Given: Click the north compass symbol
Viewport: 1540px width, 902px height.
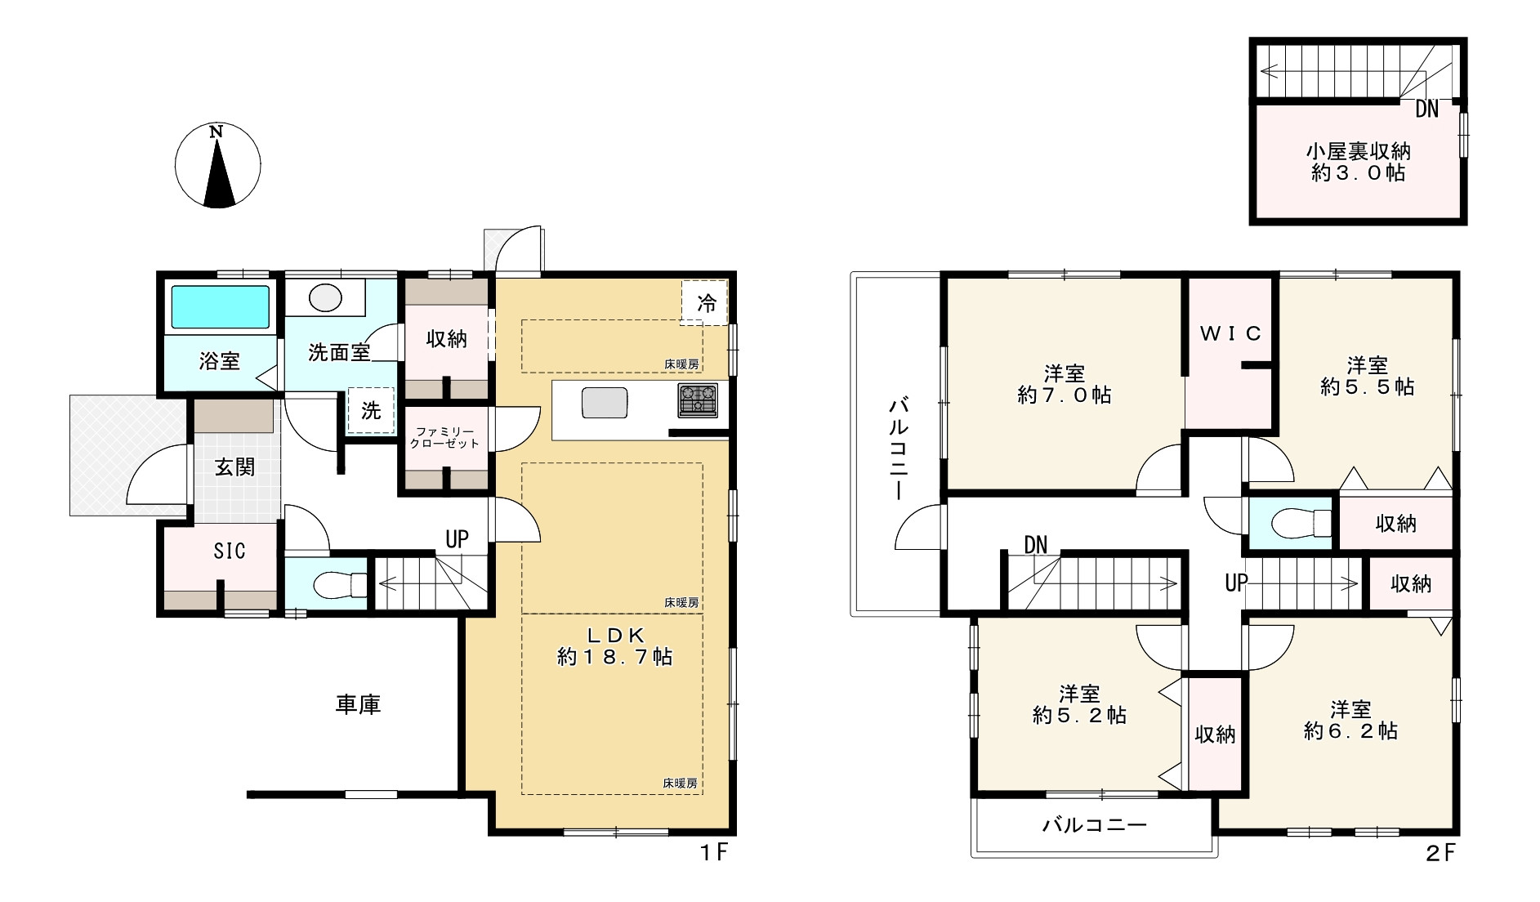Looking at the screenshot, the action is pyautogui.click(x=218, y=165).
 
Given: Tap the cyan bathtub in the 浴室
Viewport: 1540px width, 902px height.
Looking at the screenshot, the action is pyautogui.click(x=221, y=307).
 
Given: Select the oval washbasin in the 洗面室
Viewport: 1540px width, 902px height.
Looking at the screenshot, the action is pyautogui.click(x=325, y=297).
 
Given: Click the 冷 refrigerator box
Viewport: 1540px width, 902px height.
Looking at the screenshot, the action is pyautogui.click(x=705, y=303).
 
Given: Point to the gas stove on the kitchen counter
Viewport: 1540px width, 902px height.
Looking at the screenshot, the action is pyautogui.click(x=698, y=400).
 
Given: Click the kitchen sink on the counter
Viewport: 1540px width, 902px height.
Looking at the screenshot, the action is pyautogui.click(x=605, y=404).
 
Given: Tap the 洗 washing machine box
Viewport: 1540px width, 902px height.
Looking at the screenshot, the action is pyautogui.click(x=371, y=410).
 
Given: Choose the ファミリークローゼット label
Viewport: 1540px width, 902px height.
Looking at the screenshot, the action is pyautogui.click(x=444, y=437).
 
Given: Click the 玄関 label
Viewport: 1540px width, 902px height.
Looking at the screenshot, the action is pyautogui.click(x=234, y=467).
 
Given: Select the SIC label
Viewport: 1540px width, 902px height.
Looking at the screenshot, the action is pyautogui.click(x=230, y=551).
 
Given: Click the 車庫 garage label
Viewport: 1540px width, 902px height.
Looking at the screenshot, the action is pyautogui.click(x=358, y=704).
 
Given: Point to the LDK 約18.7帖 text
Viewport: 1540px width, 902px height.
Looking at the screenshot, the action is pyautogui.click(x=614, y=645).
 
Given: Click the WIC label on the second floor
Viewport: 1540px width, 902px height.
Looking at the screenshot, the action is pyautogui.click(x=1230, y=333).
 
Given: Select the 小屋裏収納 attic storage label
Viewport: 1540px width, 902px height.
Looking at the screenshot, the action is pyautogui.click(x=1358, y=152).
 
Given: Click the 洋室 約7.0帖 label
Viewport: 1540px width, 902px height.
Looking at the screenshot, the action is pyautogui.click(x=1065, y=385).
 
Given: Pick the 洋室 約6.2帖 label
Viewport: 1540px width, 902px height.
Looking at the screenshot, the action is pyautogui.click(x=1350, y=720).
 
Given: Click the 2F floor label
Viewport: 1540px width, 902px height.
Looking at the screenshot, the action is pyautogui.click(x=1441, y=853).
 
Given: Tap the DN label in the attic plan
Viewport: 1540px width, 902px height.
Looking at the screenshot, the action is pyautogui.click(x=1426, y=109).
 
